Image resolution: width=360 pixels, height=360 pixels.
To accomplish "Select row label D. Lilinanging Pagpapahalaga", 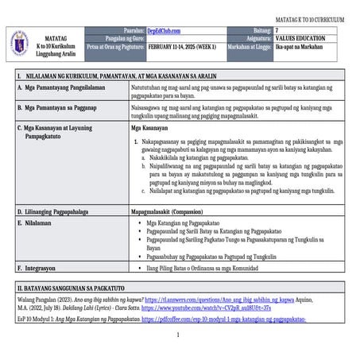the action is [55, 212].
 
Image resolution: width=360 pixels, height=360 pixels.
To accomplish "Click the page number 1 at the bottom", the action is [179, 335].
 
